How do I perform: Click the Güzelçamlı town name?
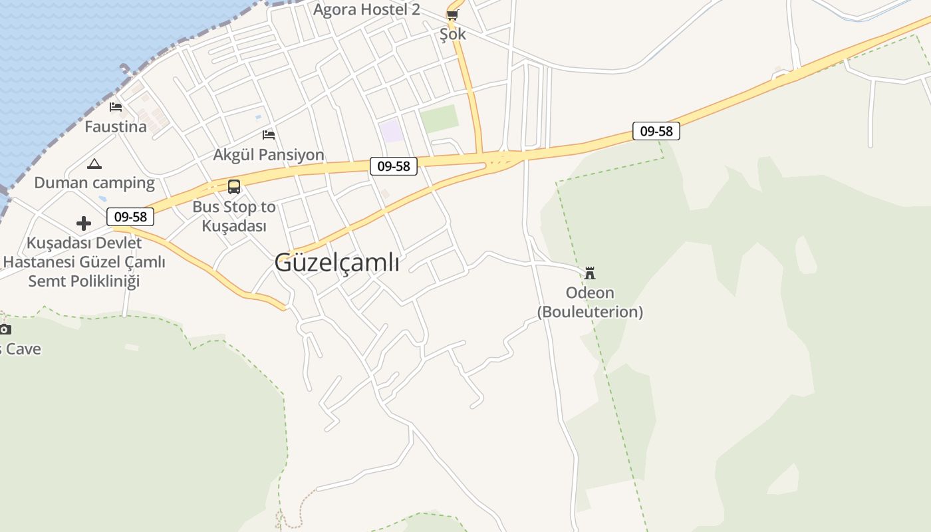[x=336, y=263]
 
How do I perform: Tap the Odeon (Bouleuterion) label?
[x=590, y=302]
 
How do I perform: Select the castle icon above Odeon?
[x=590, y=273]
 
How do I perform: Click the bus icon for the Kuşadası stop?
[x=234, y=187]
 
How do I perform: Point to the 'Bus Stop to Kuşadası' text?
[x=234, y=216]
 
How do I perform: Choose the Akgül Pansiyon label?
[x=269, y=155]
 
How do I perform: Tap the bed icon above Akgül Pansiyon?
[x=269, y=135]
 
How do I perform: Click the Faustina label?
[x=116, y=126]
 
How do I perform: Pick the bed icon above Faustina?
[x=116, y=107]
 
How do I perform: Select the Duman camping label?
[x=94, y=183]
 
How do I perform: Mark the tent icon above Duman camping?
[x=94, y=164]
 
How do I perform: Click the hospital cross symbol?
[x=84, y=223]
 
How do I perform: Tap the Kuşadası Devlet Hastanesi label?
[x=84, y=262]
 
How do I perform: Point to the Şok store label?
[x=453, y=34]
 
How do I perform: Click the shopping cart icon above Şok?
[x=453, y=15]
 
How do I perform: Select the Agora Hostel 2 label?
[x=366, y=9]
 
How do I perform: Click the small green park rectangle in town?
[x=440, y=119]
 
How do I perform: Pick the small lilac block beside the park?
[x=391, y=130]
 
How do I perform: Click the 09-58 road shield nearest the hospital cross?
[x=130, y=216]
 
